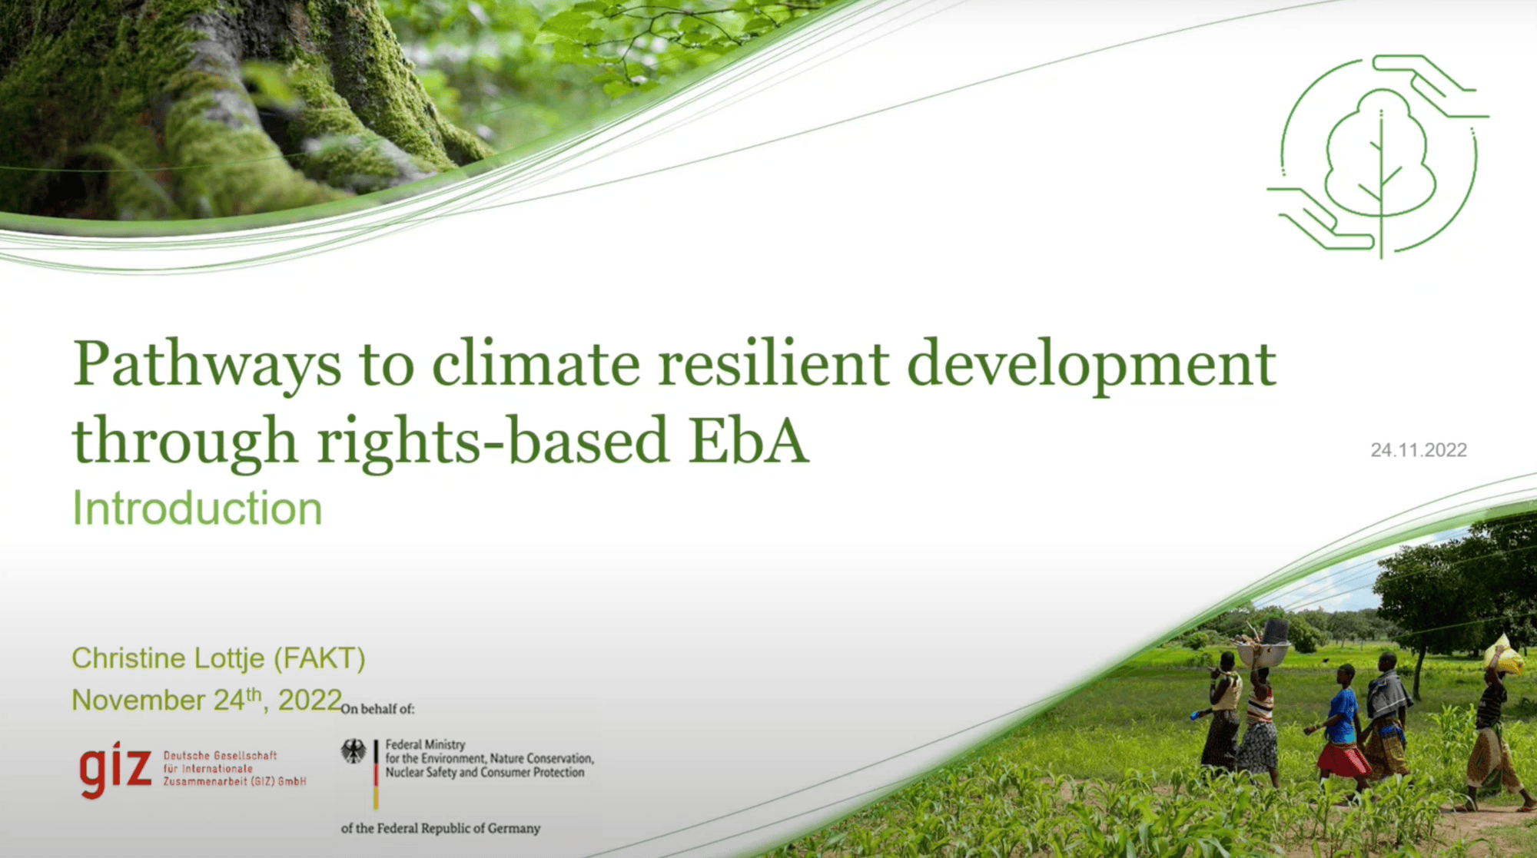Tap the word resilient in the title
tap(772, 365)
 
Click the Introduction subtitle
tap(197, 509)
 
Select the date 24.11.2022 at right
tap(1419, 450)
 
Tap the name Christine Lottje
tap(168, 658)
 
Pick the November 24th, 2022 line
tap(206, 700)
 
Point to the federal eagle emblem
tap(354, 751)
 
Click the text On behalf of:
tap(377, 709)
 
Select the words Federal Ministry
tap(425, 744)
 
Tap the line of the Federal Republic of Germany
tap(440, 828)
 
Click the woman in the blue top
tap(1341, 718)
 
